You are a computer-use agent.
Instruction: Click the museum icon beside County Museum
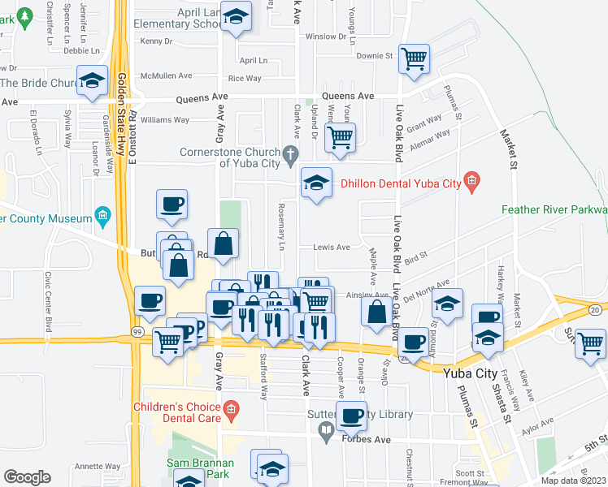click(102, 216)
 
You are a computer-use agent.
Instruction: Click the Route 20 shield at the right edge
click(595, 309)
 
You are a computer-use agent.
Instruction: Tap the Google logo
click(28, 477)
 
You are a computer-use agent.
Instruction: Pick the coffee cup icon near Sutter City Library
click(352, 416)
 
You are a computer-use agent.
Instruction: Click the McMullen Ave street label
click(166, 75)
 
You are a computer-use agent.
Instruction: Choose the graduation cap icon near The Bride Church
click(93, 80)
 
